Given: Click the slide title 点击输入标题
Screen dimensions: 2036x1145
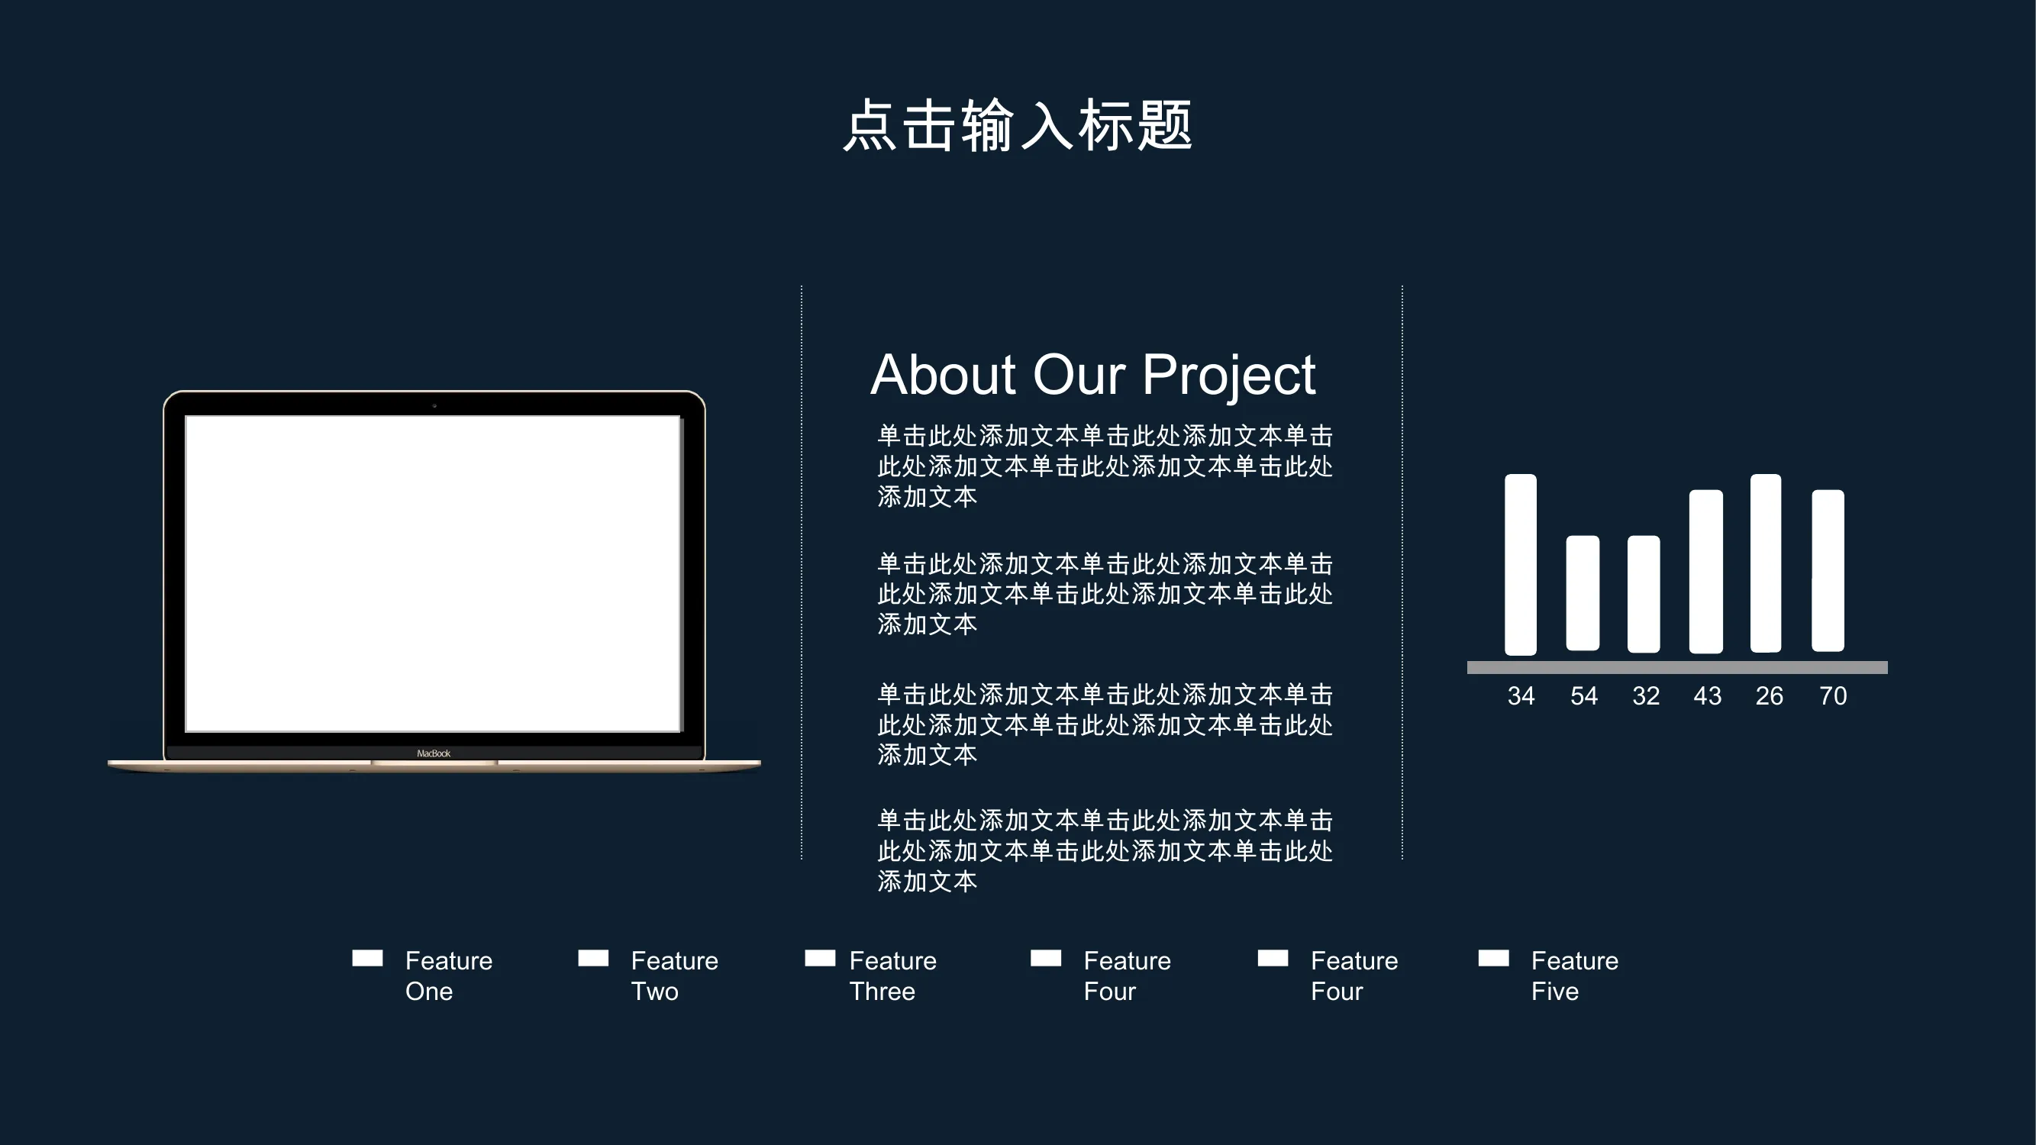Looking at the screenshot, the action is pos(1018,125).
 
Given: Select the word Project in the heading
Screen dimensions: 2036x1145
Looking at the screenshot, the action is pos(1229,377).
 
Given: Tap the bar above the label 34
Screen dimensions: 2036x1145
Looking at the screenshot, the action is pos(1521,564).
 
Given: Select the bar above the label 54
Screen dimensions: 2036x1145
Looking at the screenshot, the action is pos(1583,593).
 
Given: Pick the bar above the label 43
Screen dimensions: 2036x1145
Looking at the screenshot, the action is pos(1705,571).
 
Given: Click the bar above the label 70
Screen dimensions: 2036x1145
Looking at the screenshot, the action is pos(1828,570).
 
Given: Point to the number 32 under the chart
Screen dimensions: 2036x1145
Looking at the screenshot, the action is pos(1646,696).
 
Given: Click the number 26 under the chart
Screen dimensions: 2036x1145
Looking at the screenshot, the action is pos(1769,696).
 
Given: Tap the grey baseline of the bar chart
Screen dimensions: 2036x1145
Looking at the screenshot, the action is pos(1677,668).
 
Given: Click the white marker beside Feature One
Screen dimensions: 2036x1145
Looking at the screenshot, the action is pos(367,958).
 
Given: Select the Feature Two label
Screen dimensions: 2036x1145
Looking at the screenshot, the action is pos(674,976).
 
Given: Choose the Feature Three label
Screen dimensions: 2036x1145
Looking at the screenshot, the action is pos(892,976).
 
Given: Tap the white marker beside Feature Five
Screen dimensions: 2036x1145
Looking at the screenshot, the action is pos(1494,958).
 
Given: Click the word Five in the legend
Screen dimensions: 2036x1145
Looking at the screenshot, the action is pos(1554,992).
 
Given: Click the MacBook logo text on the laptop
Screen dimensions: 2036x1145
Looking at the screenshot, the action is pos(434,754).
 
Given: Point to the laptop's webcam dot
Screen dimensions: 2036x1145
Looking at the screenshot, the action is pos(434,405).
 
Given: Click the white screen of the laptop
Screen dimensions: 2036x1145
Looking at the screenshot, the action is pos(433,574).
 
